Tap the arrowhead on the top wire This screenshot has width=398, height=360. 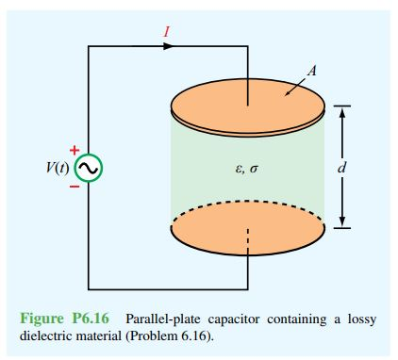(169, 46)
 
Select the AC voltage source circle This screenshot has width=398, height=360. (88, 168)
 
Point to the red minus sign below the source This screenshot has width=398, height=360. (74, 187)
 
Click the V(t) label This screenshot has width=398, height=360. (58, 168)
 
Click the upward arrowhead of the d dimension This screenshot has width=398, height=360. (343, 111)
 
